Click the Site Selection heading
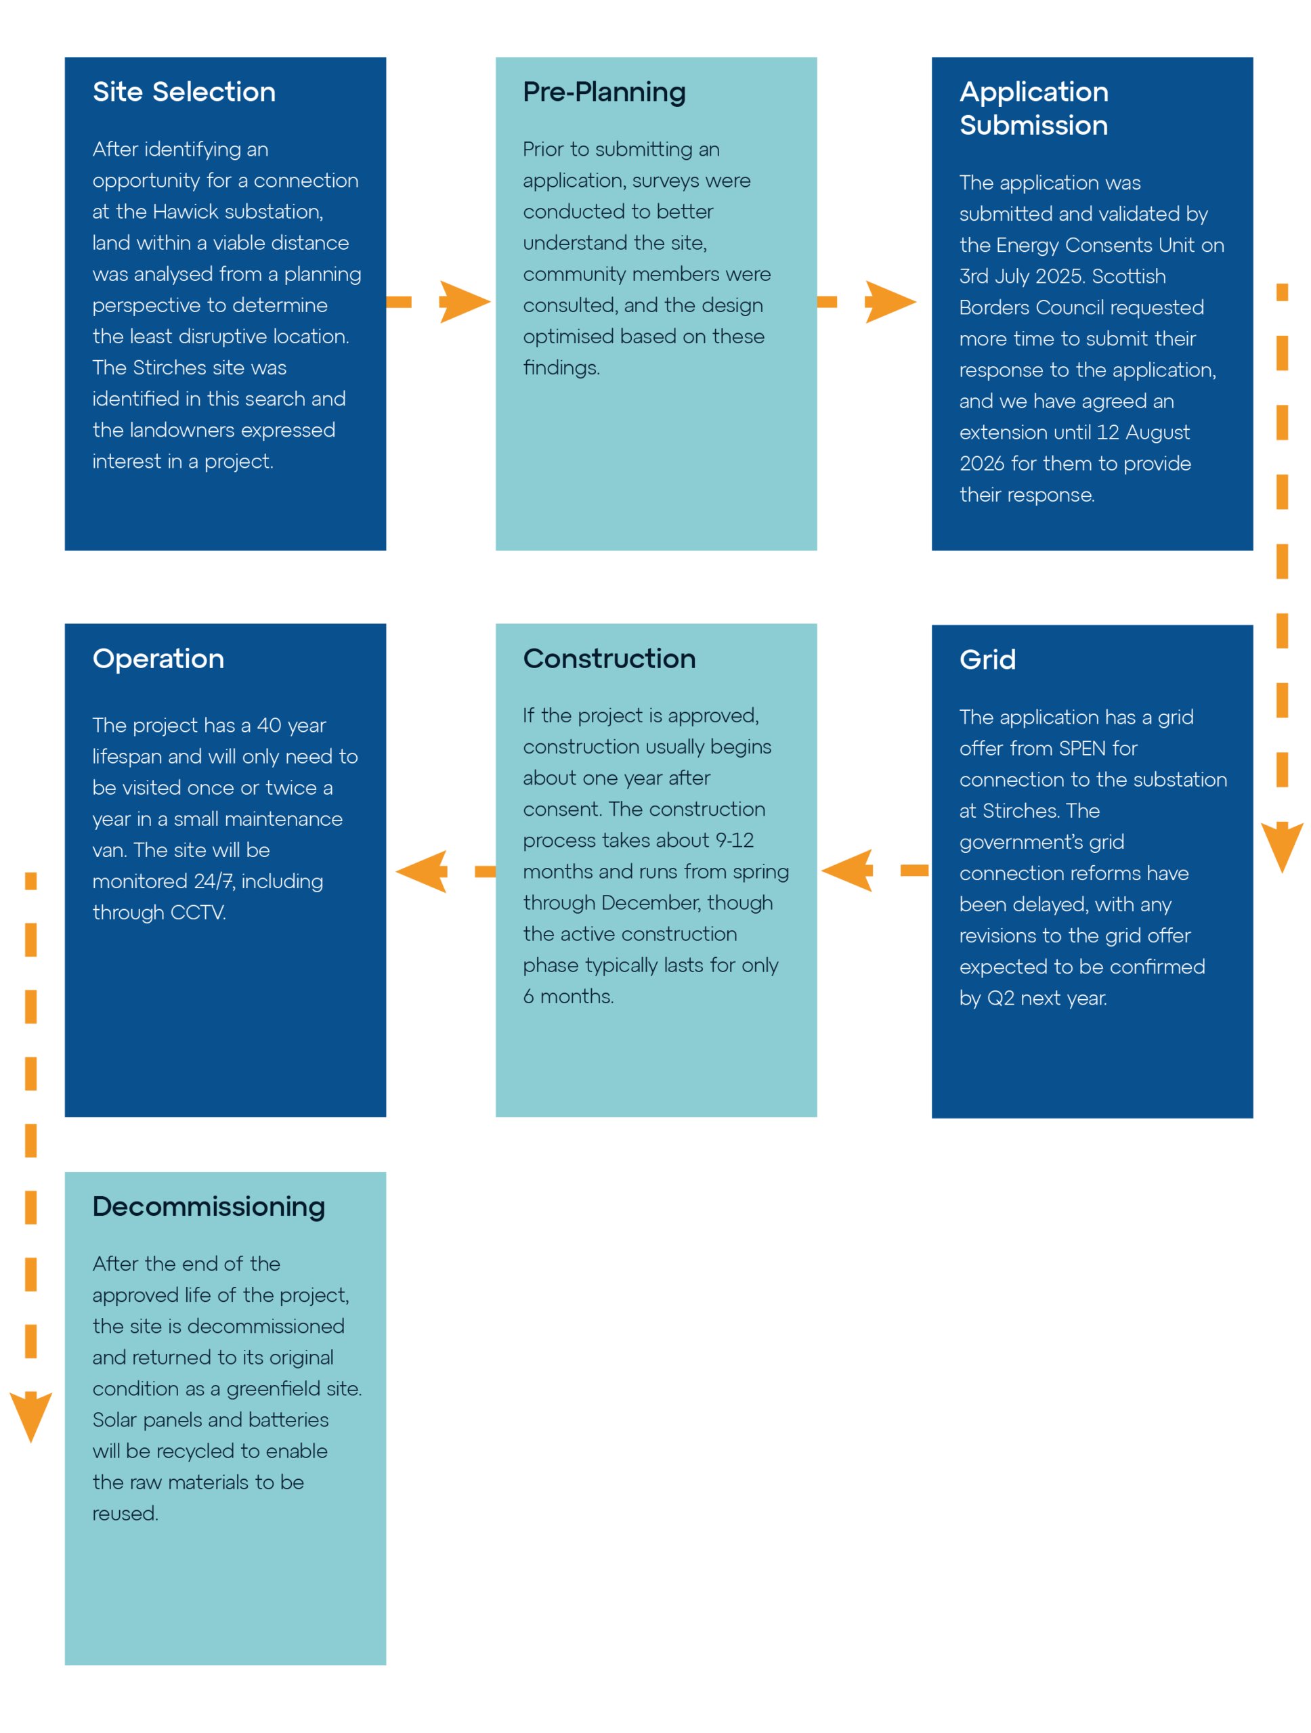pos(184,91)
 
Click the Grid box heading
pos(987,659)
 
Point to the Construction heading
pos(608,658)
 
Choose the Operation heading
pos(158,659)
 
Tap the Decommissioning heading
pos(209,1206)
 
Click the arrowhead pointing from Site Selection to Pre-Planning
pos(464,302)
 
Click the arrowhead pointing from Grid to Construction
pos(847,870)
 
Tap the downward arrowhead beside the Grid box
pos(1281,847)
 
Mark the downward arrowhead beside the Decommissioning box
pos(30,1416)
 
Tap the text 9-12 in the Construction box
pos(733,840)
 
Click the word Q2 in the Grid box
pos(1000,998)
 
